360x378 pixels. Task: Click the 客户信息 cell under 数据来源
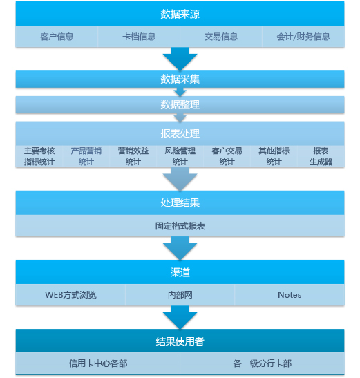pos(57,37)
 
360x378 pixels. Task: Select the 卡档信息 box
pos(139,37)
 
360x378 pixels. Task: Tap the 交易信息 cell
pos(221,37)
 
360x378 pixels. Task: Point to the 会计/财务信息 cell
pos(303,37)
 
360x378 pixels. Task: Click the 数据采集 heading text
pos(180,79)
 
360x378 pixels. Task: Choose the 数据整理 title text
pos(180,104)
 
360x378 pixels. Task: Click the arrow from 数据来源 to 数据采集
pos(180,59)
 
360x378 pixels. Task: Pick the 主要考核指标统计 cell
pos(39,156)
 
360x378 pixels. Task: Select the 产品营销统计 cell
pos(86,156)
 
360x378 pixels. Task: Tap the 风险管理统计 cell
pos(180,156)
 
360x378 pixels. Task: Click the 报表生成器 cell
pos(321,156)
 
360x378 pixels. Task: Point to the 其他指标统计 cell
pos(274,156)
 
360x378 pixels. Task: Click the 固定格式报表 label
pos(180,226)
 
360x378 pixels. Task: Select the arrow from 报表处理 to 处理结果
pos(180,180)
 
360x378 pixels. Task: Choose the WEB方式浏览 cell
pos(70,295)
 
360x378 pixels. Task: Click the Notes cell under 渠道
pos(290,295)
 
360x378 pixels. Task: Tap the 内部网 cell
pos(180,295)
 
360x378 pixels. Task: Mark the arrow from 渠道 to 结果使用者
pos(180,317)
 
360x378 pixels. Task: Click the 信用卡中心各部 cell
pos(97,363)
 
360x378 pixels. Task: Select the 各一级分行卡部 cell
pos(263,363)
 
